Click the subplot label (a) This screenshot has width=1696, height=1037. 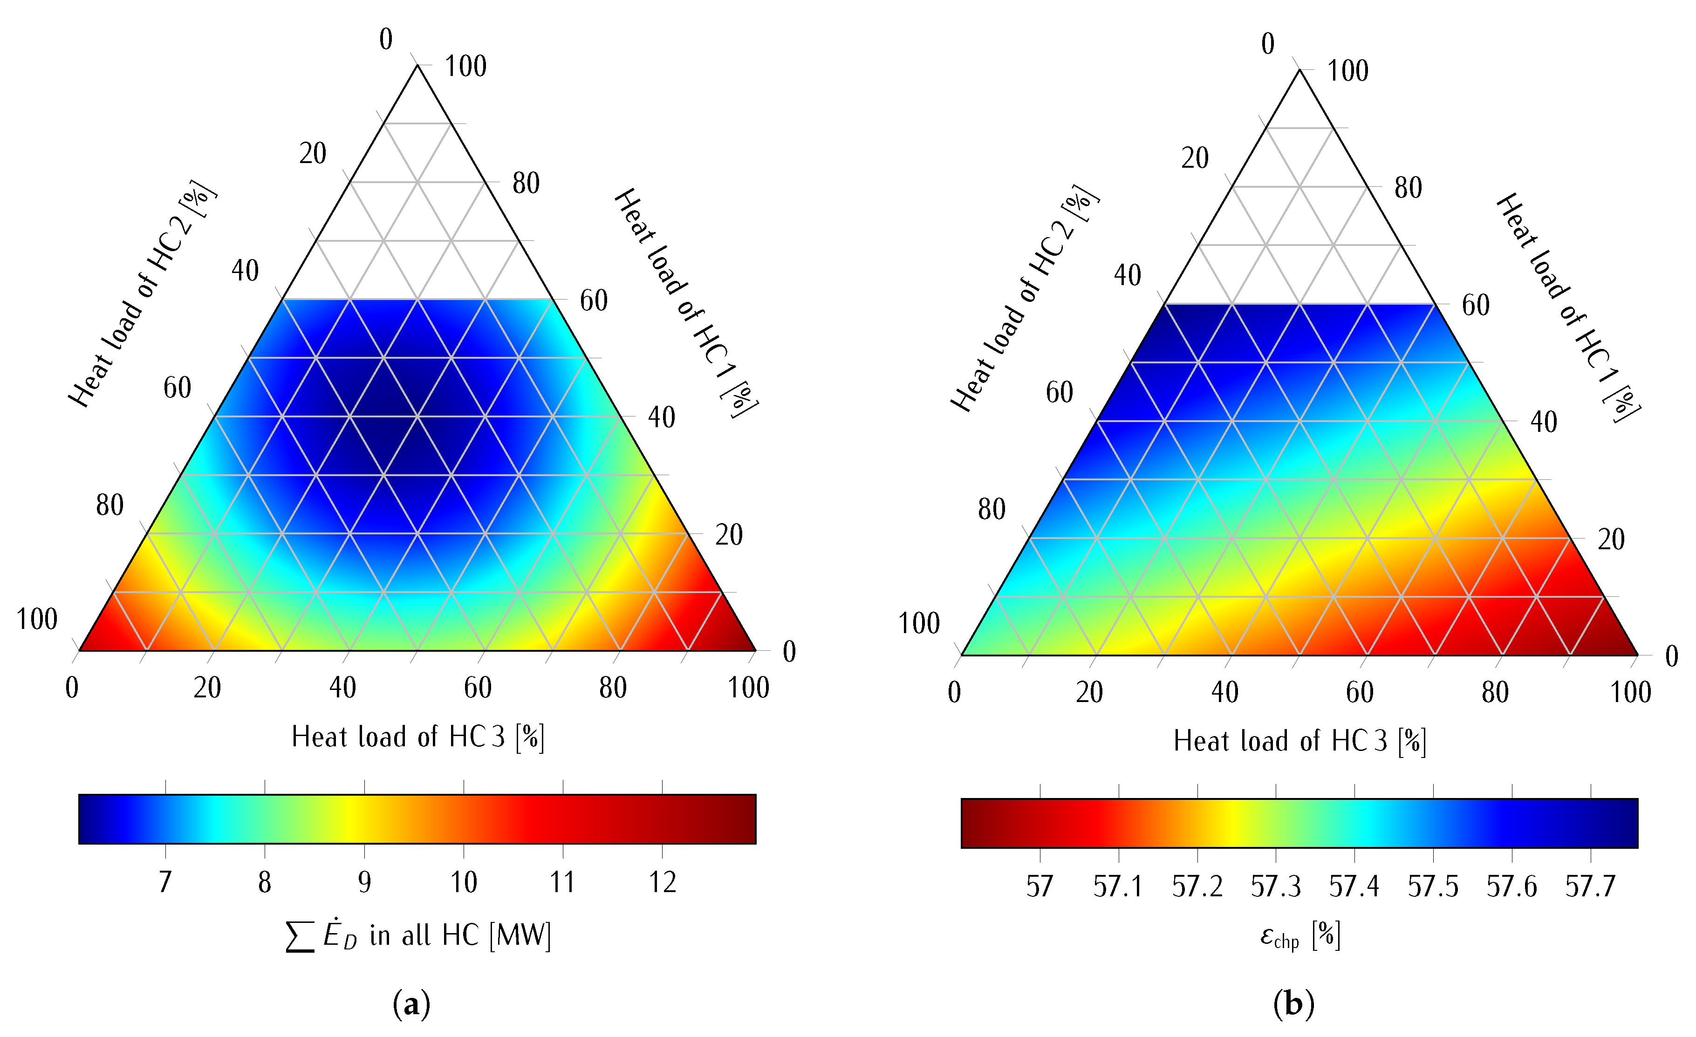click(411, 1005)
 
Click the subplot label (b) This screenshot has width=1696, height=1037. click(1293, 1005)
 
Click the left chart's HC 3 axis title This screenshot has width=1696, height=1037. click(418, 737)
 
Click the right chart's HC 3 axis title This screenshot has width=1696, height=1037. click(1299, 742)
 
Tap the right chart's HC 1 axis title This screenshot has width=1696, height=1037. click(1568, 307)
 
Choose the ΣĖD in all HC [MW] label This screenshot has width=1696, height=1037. click(418, 936)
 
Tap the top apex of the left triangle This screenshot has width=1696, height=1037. click(417, 66)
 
